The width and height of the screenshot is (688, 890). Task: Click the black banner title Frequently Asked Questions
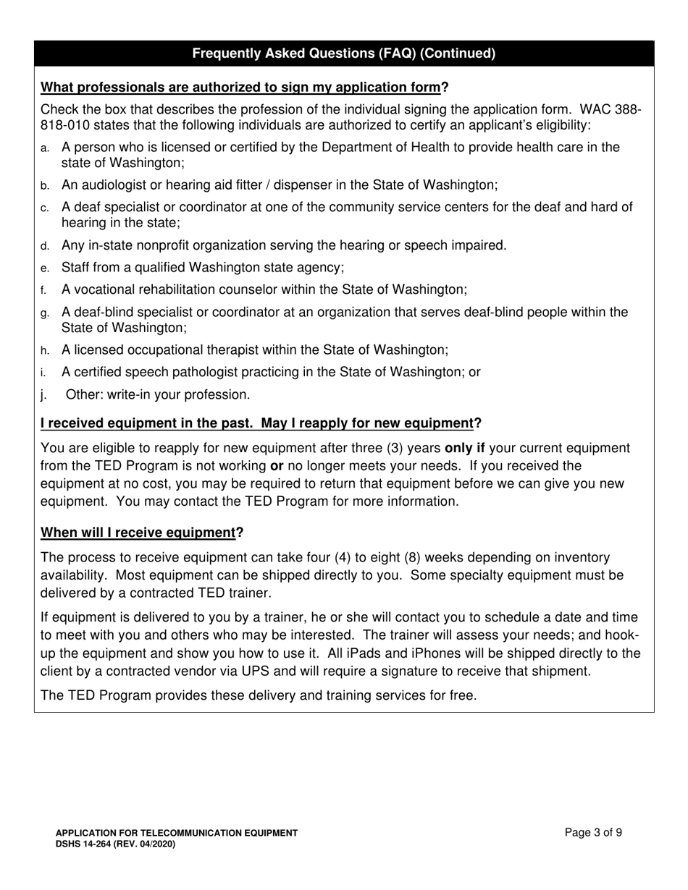click(x=344, y=54)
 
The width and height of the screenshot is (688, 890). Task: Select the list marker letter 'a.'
click(x=45, y=148)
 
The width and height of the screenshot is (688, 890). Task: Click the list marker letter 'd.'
click(x=45, y=246)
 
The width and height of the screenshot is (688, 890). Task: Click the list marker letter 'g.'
click(x=45, y=313)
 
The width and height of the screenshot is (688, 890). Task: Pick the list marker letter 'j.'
click(x=43, y=395)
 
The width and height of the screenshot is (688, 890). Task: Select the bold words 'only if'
click(x=464, y=448)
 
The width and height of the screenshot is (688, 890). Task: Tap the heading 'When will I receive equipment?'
click(x=142, y=533)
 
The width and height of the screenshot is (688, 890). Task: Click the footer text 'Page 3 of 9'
click(x=593, y=832)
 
